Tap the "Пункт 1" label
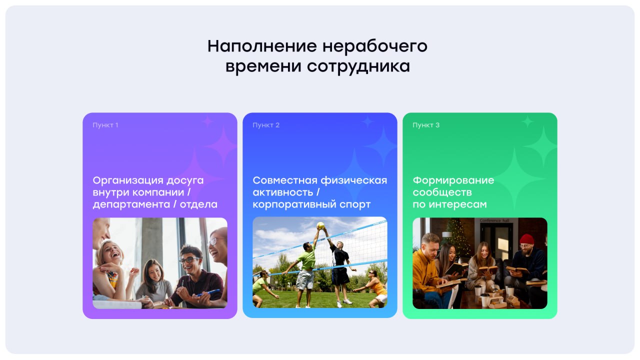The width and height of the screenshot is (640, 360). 105,125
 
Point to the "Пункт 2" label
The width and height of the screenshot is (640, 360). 266,125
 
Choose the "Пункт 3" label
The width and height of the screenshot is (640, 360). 426,125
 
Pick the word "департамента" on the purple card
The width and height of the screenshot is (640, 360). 130,204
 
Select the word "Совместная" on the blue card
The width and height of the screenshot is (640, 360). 284,180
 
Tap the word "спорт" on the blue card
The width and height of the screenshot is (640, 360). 354,204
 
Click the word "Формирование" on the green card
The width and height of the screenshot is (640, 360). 453,180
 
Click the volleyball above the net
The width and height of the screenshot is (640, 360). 320,225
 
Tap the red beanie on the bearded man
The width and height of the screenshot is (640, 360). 526,239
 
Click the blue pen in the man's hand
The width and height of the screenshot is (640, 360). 209,292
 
